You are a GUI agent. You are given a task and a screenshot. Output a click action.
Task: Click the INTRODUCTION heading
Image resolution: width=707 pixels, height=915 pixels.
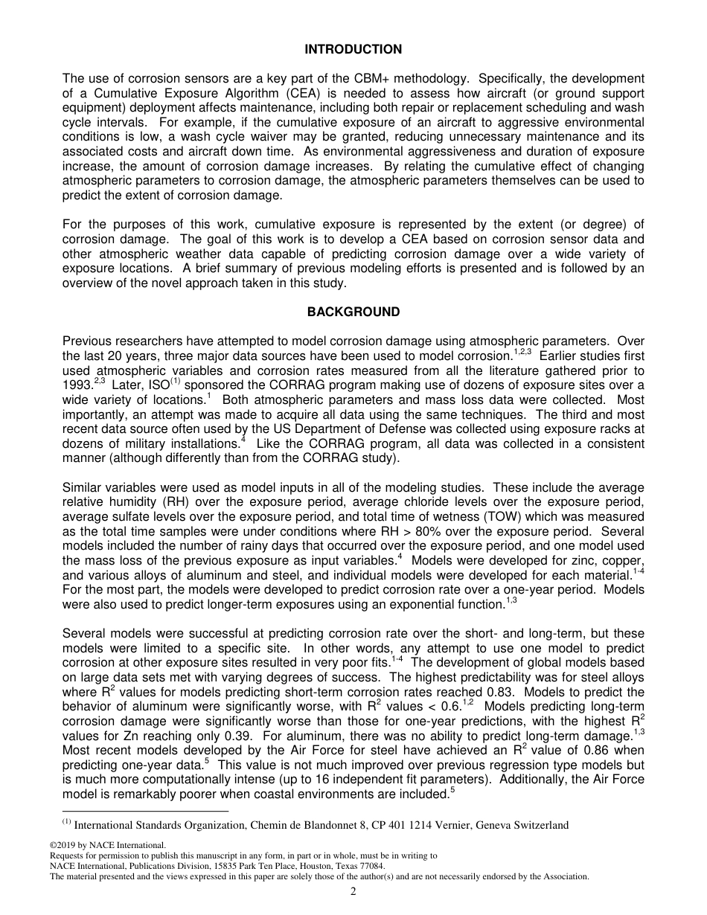pos(353,50)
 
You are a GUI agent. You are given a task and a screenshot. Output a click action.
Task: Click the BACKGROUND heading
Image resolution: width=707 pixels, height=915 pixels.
pos(353,312)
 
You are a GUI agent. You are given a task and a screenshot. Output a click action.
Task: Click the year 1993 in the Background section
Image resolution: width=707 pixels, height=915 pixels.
pos(77,385)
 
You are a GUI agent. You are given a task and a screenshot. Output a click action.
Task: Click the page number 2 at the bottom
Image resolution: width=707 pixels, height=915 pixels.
pos(353,892)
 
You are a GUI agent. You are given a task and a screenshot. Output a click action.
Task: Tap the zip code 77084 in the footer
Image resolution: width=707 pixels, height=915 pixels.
pos(370,866)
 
